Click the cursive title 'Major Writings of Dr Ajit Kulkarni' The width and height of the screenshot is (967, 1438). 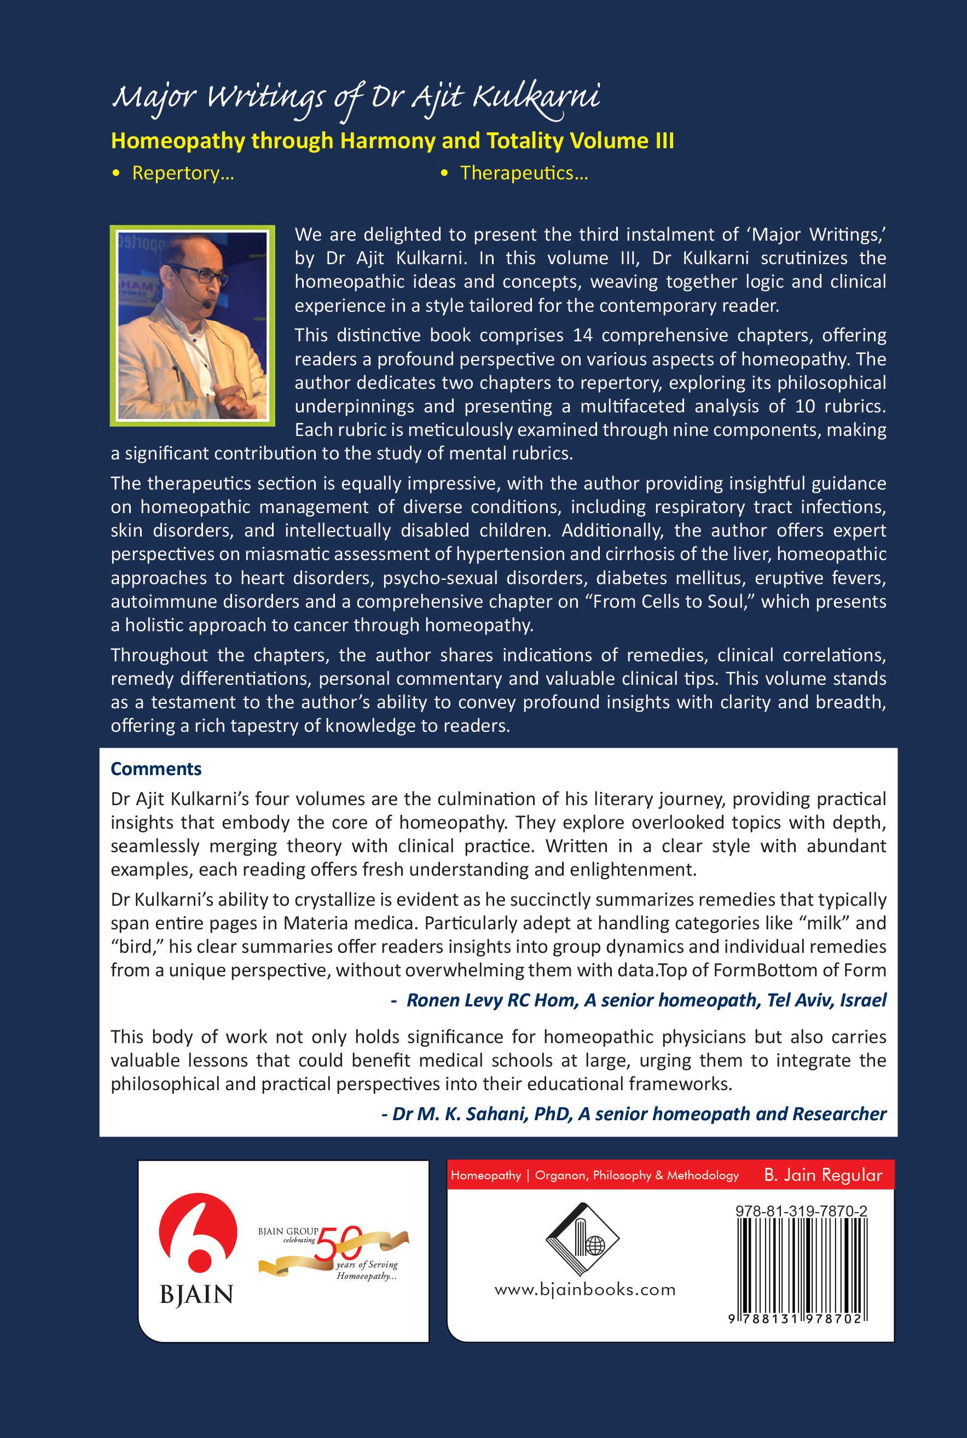pos(356,97)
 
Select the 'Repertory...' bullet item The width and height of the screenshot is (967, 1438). pos(183,173)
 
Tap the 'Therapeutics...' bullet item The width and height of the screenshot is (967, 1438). pos(524,173)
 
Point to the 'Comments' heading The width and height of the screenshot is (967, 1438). pos(156,769)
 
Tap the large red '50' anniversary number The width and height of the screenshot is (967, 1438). pos(338,1244)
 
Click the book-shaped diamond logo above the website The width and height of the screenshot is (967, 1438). pos(582,1239)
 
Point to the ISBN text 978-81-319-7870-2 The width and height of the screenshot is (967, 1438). pos(801,1211)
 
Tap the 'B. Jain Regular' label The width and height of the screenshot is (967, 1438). pos(823,1175)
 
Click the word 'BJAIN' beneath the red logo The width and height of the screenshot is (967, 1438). pos(196,1294)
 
